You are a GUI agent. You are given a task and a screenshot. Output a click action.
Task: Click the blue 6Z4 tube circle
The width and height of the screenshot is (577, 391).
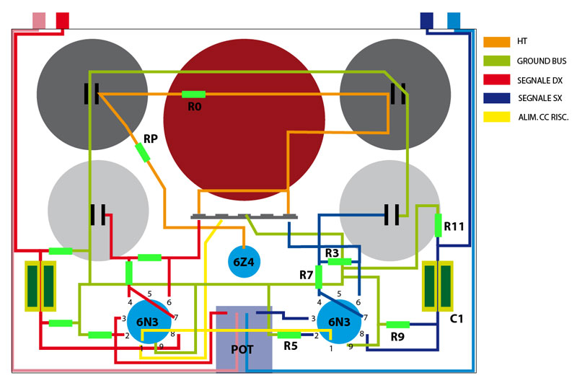click(x=244, y=262)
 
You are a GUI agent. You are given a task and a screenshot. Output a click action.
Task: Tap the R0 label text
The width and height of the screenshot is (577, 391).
click(x=195, y=107)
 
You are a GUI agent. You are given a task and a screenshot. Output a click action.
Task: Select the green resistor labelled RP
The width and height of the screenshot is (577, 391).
click(x=142, y=152)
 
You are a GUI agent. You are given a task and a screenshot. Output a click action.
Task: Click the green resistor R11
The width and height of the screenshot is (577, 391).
click(x=438, y=225)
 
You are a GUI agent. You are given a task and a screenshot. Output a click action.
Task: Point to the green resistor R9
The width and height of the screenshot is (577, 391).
click(x=398, y=325)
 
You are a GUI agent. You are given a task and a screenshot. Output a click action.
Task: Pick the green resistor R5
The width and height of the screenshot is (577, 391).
click(x=289, y=335)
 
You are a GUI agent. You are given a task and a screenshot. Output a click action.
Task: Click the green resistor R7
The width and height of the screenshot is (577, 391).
click(x=319, y=277)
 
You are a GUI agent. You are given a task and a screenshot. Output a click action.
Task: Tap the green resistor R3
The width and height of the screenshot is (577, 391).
click(x=339, y=262)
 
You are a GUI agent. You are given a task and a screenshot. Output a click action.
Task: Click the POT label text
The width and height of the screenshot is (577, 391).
click(x=242, y=349)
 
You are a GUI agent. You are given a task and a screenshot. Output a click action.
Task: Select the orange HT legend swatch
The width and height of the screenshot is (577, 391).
click(x=497, y=42)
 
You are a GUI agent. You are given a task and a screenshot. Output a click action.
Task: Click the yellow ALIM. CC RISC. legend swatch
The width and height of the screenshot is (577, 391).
click(x=497, y=117)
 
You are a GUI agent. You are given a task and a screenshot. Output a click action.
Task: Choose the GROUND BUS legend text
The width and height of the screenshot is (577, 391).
click(x=542, y=61)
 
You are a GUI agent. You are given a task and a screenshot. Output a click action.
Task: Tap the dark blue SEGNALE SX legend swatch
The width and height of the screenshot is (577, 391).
click(x=497, y=98)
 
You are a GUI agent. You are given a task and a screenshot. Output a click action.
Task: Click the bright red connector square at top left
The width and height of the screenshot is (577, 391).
click(x=63, y=21)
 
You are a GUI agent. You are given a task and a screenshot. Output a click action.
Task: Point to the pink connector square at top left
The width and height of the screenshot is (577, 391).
click(x=40, y=21)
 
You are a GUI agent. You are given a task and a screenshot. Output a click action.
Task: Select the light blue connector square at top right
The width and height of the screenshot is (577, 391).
click(x=454, y=21)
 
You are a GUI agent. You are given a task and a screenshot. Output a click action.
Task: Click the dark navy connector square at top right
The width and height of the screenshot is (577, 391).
click(x=427, y=21)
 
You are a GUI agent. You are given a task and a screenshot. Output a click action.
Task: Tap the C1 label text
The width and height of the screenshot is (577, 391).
click(x=457, y=318)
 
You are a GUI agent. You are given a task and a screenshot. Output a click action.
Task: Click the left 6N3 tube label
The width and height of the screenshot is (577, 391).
click(x=148, y=322)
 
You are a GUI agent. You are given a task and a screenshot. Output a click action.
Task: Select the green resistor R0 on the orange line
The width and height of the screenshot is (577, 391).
click(x=193, y=95)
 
